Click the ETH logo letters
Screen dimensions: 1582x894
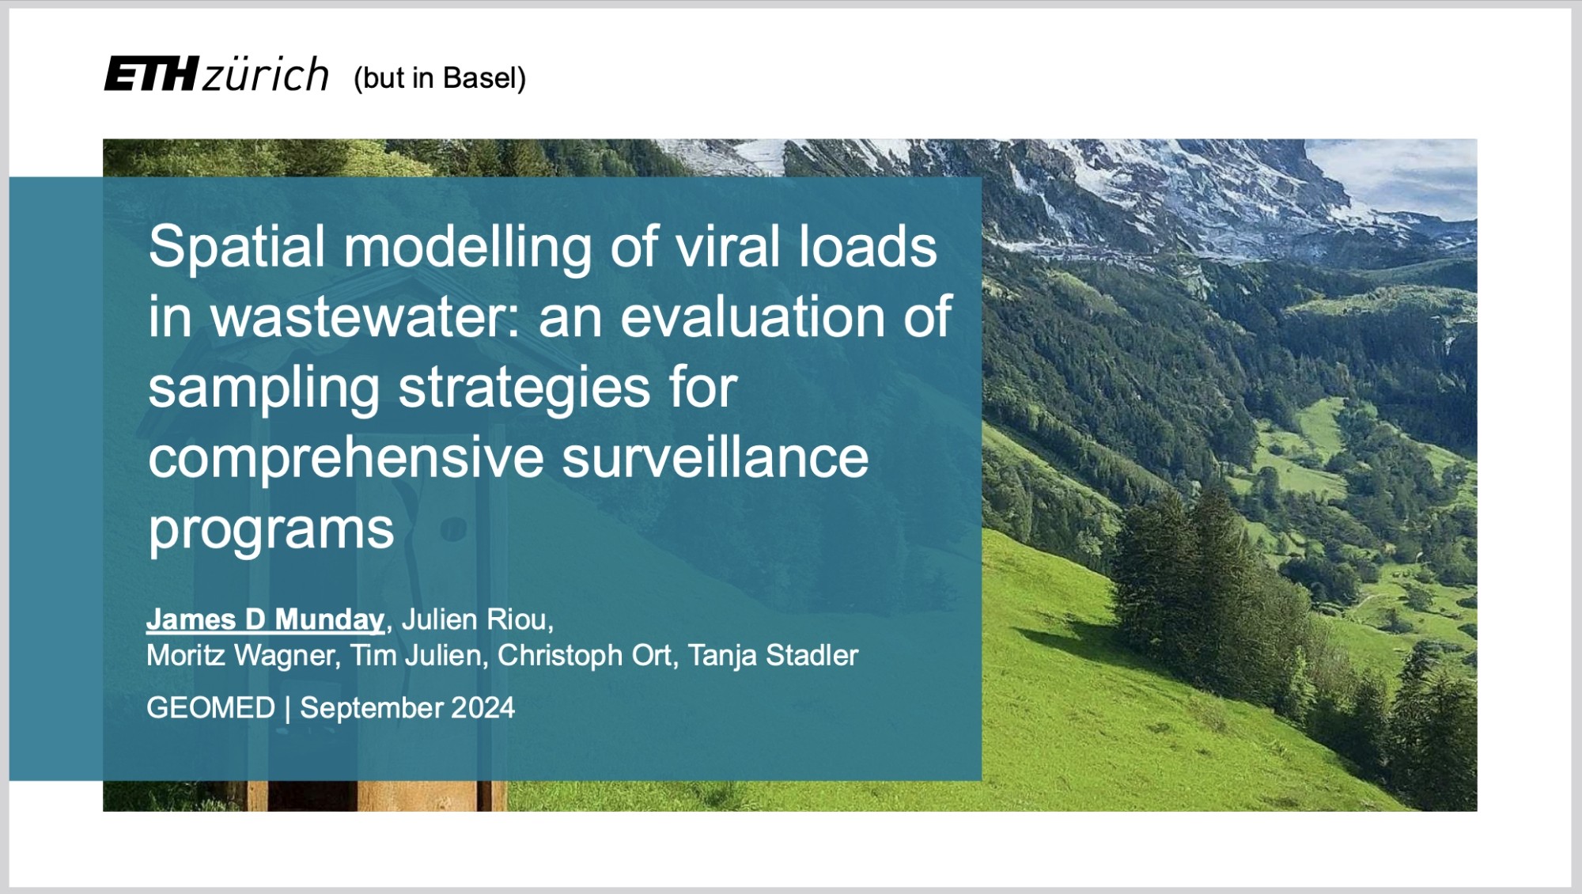(x=151, y=74)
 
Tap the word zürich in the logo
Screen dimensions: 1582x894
(x=266, y=74)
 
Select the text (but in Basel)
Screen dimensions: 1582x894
(x=440, y=78)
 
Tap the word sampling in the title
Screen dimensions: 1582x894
(x=264, y=389)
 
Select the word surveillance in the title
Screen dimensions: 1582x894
(x=715, y=458)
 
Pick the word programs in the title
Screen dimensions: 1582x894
(x=271, y=530)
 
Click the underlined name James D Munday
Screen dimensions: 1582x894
(x=266, y=619)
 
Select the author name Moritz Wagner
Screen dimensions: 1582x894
(x=242, y=656)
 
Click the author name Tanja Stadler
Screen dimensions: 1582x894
(x=773, y=656)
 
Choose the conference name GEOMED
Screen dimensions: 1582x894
(x=211, y=708)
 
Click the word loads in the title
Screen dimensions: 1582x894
(x=868, y=247)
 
